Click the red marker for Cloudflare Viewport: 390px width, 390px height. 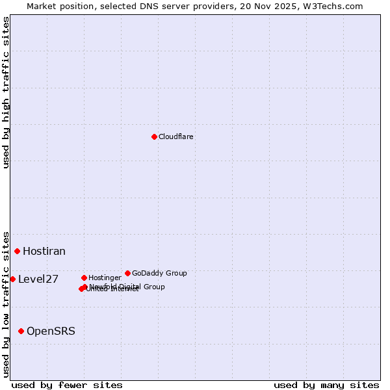(x=154, y=136)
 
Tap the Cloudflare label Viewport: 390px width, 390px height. (x=176, y=137)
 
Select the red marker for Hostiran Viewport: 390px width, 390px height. (x=18, y=251)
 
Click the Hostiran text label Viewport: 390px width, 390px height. (x=44, y=252)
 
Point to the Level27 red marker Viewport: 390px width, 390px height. (x=12, y=279)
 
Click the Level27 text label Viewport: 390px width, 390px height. (x=38, y=279)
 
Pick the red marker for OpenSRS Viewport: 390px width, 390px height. (x=21, y=331)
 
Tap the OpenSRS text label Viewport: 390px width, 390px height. (x=51, y=331)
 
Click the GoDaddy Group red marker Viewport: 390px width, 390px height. (x=127, y=273)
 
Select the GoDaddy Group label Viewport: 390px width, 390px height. (x=159, y=274)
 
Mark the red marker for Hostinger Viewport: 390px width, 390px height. (x=84, y=278)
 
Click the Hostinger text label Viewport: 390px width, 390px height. (x=105, y=278)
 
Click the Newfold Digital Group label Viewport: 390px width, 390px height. (x=127, y=287)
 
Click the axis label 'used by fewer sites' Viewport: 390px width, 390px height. (x=67, y=385)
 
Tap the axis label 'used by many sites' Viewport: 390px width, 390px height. (x=326, y=385)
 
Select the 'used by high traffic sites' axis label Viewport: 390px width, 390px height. (x=6, y=92)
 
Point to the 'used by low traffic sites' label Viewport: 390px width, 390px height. (x=6, y=304)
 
